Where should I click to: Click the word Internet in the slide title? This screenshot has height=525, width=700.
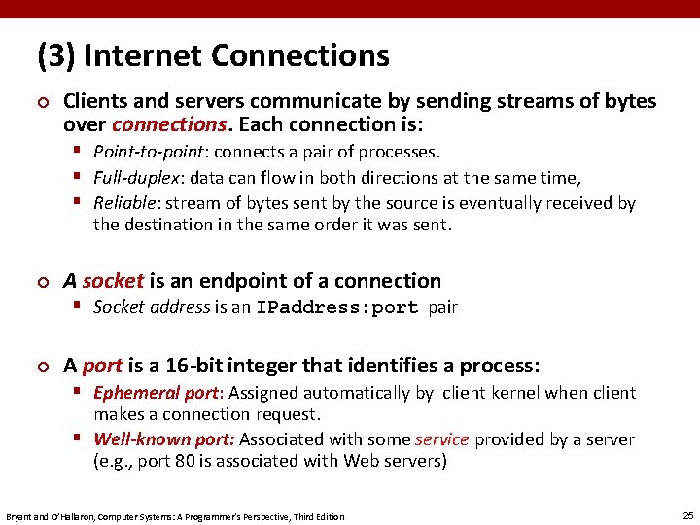click(x=142, y=55)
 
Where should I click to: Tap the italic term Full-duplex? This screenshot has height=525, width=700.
click(x=138, y=177)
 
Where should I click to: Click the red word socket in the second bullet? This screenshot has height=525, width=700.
click(x=113, y=281)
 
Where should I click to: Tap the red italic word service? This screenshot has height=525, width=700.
click(x=441, y=439)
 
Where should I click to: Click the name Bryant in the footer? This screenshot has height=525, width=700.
click(x=19, y=516)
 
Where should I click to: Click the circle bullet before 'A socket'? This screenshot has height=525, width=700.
click(x=42, y=282)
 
